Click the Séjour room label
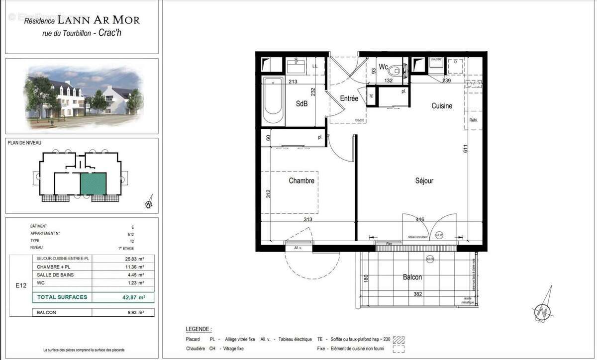[x=424, y=181]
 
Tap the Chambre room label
[x=301, y=181]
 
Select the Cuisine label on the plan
[x=441, y=106]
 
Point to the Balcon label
[x=412, y=277]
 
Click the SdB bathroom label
[x=302, y=104]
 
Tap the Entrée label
[x=349, y=98]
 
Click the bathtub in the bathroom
[x=273, y=102]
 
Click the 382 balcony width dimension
[x=417, y=294]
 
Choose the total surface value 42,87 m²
[x=134, y=297]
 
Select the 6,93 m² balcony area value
[x=134, y=313]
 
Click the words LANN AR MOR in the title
[x=99, y=20]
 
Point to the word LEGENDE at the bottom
[x=199, y=329]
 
